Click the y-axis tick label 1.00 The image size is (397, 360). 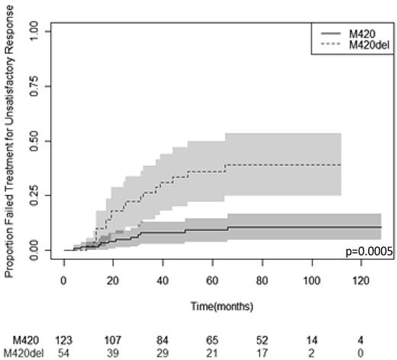44,32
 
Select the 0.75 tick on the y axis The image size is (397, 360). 44,86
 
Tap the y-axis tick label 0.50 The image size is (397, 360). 44,141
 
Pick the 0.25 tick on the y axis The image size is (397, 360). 44,196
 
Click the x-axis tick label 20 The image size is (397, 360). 113,280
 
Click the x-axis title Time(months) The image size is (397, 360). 221,306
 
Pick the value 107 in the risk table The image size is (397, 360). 112,339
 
